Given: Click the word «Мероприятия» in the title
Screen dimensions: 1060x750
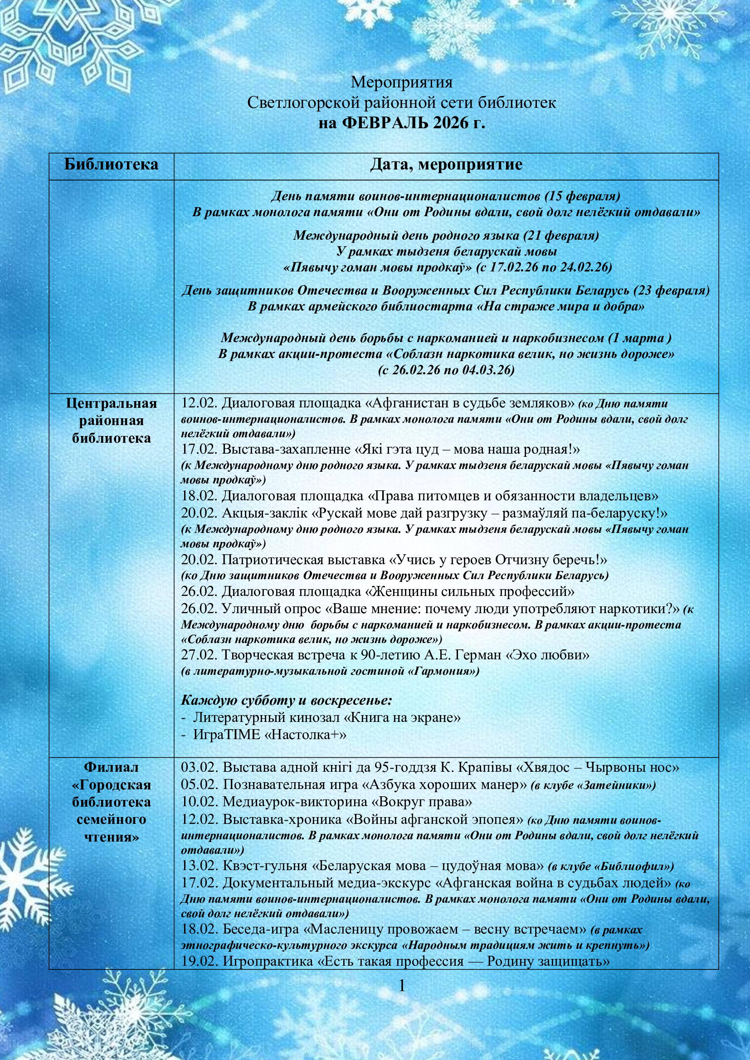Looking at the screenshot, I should tap(401, 82).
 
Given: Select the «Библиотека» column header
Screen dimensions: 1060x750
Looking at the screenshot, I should tap(111, 165).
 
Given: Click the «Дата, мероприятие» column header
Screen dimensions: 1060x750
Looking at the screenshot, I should tap(446, 165).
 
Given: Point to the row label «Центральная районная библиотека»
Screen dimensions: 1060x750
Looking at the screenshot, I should tap(111, 421).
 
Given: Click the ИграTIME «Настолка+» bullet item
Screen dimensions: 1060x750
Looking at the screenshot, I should tap(270, 735).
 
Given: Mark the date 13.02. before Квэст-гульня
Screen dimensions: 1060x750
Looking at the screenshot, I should tap(200, 866).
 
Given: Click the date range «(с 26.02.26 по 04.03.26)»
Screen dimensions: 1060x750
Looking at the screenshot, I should tap(446, 370).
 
